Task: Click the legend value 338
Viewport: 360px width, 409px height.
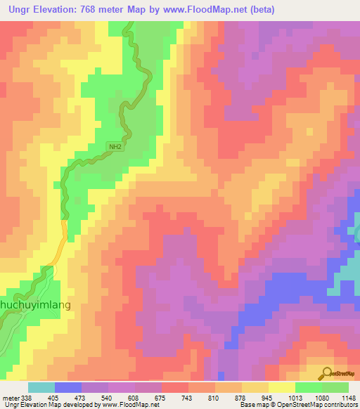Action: click(x=27, y=398)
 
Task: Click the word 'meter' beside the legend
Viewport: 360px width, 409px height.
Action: click(x=10, y=398)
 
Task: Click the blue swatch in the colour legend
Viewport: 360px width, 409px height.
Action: click(x=68, y=387)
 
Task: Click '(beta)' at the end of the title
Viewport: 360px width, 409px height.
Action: click(x=259, y=10)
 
